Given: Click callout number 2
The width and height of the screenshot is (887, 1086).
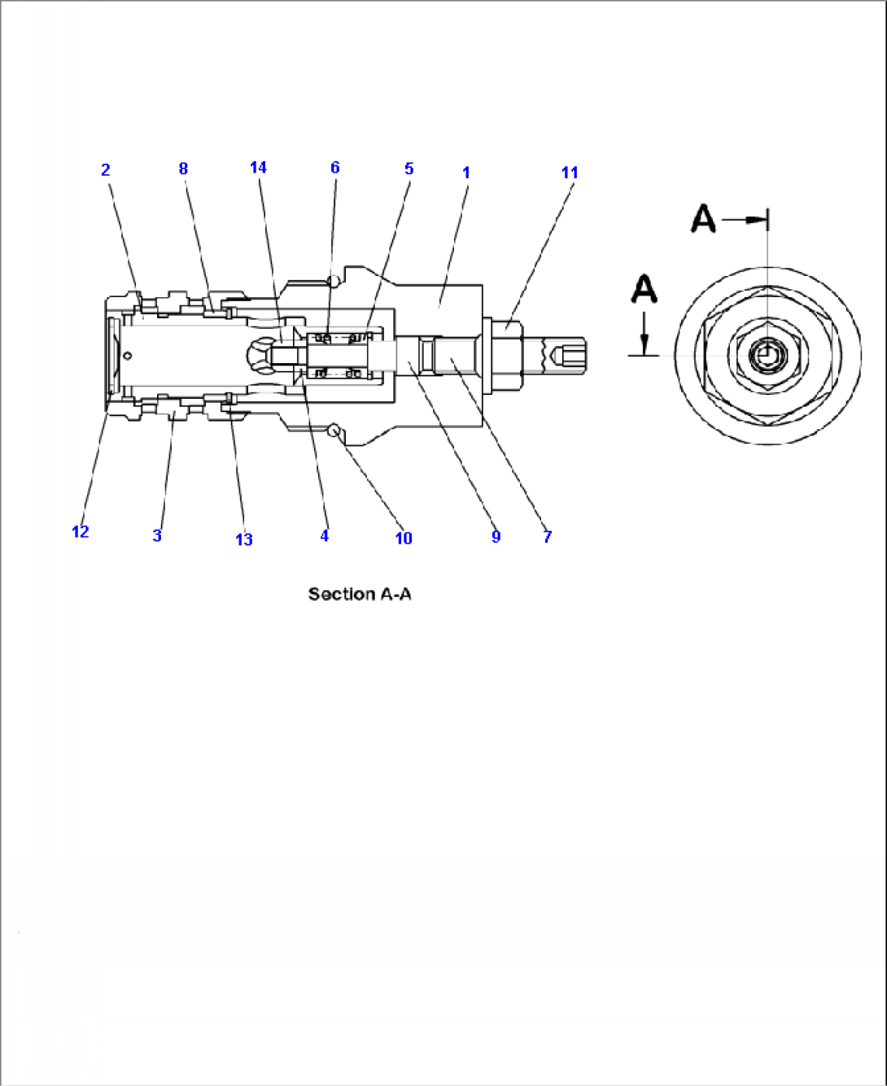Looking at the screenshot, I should (105, 169).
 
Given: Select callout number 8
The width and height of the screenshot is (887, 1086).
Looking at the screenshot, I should (183, 169).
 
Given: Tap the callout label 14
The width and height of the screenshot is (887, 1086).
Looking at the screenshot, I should (258, 168).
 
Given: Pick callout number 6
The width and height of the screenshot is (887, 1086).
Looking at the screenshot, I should (334, 168).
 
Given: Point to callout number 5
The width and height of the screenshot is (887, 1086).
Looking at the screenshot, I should (409, 169).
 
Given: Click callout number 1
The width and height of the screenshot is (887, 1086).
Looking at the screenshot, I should (466, 173).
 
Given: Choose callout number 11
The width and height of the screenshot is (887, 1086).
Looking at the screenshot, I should (570, 173).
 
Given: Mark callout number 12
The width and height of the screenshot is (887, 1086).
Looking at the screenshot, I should (80, 532).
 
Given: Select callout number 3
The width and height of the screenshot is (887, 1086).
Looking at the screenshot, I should (157, 536).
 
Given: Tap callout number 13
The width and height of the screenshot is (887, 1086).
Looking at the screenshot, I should (244, 539).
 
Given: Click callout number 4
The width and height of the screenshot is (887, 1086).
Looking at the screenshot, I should (324, 536).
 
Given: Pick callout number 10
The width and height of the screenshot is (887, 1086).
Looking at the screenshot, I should (404, 538).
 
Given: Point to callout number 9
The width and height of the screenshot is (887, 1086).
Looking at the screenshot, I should (496, 536).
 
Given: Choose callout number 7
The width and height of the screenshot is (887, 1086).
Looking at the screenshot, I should (547, 536).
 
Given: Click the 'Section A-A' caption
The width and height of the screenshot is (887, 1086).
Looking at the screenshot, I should (360, 594).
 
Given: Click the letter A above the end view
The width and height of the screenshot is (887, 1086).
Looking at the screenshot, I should (703, 219).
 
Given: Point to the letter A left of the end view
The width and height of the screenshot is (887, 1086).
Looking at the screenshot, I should (644, 289).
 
